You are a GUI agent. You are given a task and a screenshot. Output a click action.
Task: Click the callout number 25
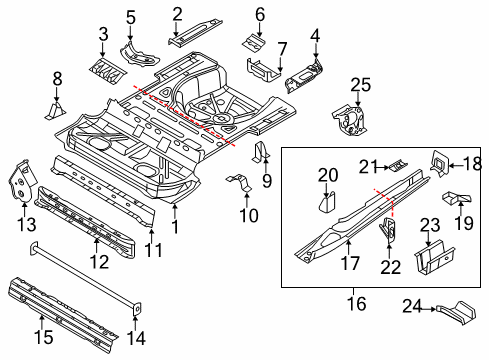pos(360,85)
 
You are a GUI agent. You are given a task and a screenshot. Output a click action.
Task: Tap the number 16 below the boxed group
pos(357,303)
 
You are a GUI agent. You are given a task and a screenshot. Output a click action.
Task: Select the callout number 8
pos(57,79)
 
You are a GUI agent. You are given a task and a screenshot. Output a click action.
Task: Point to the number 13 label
pos(27,224)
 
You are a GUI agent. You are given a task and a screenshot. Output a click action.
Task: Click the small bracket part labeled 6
pos(253,43)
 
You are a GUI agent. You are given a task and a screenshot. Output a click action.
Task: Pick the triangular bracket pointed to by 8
pos(55,111)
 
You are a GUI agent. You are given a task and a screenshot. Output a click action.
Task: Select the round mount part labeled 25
pos(350,120)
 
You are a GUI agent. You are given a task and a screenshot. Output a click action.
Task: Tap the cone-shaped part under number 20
pos(327,202)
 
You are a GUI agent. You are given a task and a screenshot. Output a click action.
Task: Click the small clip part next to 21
pos(399,165)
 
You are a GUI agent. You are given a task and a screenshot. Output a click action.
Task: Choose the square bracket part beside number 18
pos(440,163)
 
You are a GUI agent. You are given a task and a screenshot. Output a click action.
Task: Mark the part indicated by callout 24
pos(456,313)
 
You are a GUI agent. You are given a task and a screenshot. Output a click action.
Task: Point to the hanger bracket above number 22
pos(388,230)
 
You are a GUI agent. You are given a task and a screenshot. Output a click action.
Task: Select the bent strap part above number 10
pos(239,182)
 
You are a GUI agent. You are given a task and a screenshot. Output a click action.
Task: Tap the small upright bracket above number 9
pos(262,152)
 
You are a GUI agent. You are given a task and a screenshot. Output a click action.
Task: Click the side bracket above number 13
pos(22,180)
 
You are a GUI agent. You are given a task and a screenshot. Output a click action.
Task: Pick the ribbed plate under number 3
pos(108,70)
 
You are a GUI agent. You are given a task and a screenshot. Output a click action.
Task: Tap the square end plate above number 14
pos(137,309)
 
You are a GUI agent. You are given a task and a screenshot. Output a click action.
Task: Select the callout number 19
pos(464,223)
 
